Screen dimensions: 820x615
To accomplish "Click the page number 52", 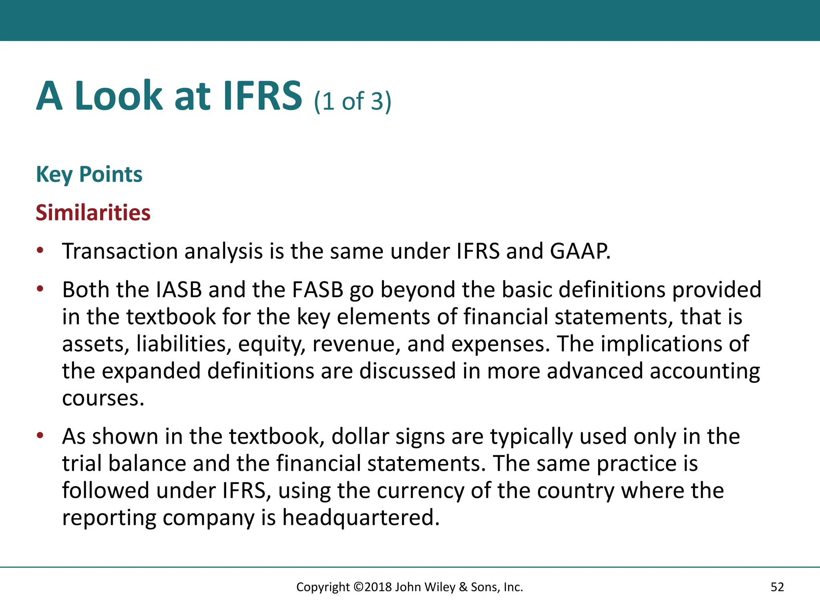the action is pyautogui.click(x=777, y=587).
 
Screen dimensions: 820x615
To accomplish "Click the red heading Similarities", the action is pyautogui.click(x=93, y=213).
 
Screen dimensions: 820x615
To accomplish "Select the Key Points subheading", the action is pyautogui.click(x=89, y=175).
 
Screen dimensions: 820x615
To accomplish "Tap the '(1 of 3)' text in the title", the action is pyautogui.click(x=352, y=101).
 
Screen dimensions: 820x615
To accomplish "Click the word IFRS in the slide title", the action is pyautogui.click(x=262, y=96).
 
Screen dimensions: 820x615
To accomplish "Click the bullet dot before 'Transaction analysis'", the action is pyautogui.click(x=40, y=251).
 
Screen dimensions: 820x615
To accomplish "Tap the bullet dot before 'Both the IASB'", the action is pyautogui.click(x=40, y=289).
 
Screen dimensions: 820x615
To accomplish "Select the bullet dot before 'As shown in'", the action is pyautogui.click(x=40, y=435).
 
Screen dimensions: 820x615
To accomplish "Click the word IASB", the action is pyautogui.click(x=179, y=289).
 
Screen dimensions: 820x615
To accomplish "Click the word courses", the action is pyautogui.click(x=102, y=398).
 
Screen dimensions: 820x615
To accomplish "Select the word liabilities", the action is pyautogui.click(x=183, y=344).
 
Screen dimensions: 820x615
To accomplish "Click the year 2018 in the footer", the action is pyautogui.click(x=378, y=587).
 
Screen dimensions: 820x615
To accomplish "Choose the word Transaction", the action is pyautogui.click(x=120, y=251).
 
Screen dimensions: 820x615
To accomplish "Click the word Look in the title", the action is pyautogui.click(x=119, y=96).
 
